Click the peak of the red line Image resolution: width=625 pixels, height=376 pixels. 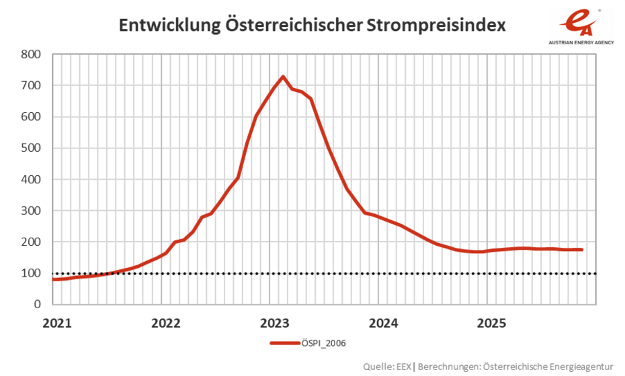pyautogui.click(x=283, y=77)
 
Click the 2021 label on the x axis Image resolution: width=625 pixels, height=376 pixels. pyautogui.click(x=56, y=322)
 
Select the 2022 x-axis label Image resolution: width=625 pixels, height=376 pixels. pyautogui.click(x=165, y=322)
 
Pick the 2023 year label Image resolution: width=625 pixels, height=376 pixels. pyautogui.click(x=273, y=322)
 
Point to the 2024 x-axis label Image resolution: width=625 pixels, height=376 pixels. pyautogui.click(x=382, y=322)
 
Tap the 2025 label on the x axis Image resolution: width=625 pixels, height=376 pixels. pyautogui.click(x=490, y=322)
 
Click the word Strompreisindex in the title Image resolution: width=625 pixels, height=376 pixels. pyautogui.click(x=439, y=26)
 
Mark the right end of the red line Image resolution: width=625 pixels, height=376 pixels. pyautogui.click(x=582, y=250)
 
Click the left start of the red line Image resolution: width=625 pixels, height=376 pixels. pyautogui.click(x=53, y=279)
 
